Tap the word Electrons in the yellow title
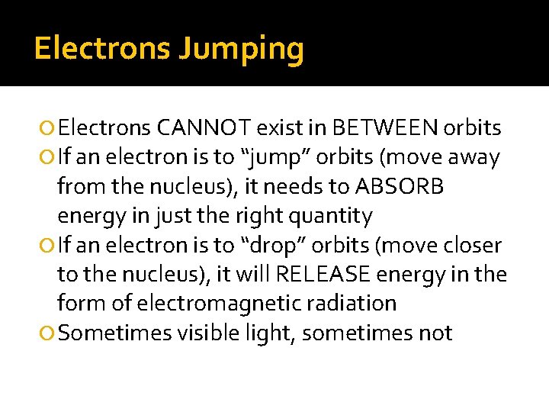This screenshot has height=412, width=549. coord(101,48)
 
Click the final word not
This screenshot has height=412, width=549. coord(437,333)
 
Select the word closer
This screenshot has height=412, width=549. coord(471,246)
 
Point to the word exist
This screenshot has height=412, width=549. coord(278,127)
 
